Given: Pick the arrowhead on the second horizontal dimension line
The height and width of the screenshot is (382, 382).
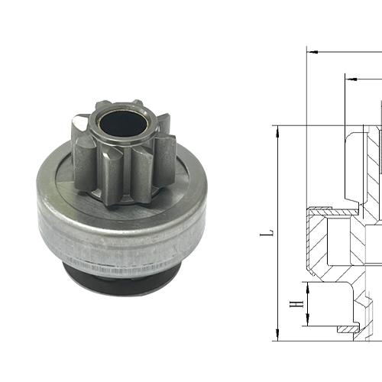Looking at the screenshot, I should [348, 76].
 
